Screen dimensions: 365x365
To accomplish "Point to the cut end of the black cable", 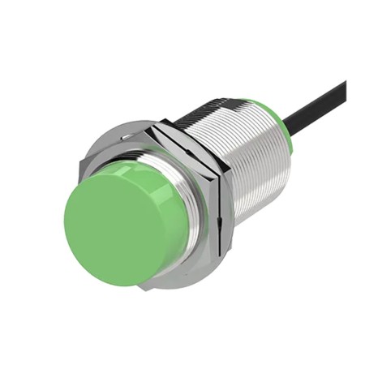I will coord(345,85).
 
